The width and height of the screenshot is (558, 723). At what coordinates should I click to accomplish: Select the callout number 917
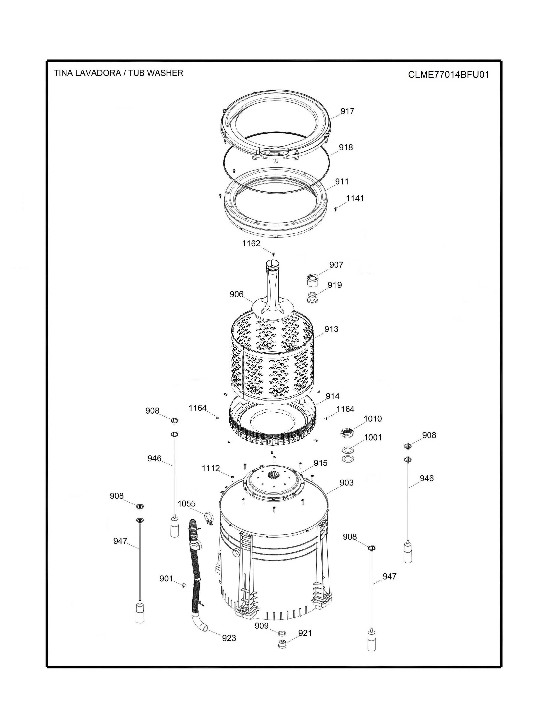coord(347,111)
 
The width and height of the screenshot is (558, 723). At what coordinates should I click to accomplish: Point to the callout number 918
coord(346,147)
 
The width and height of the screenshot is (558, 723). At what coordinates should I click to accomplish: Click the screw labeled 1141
coord(336,209)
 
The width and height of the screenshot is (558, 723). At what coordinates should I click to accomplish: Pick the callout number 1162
coord(251,243)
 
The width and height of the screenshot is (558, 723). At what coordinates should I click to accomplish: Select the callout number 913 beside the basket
coord(331,329)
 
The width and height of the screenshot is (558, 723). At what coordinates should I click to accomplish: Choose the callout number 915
coord(320,463)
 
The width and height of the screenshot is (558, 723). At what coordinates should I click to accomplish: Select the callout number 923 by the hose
coord(229,638)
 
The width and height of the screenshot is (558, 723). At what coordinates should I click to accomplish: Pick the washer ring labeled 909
coord(282,633)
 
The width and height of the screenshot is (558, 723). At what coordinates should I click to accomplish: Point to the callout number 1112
coord(211,468)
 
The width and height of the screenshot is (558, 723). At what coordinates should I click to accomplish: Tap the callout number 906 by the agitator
coord(237,294)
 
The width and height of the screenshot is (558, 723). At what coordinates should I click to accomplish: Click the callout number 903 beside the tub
coord(346,483)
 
